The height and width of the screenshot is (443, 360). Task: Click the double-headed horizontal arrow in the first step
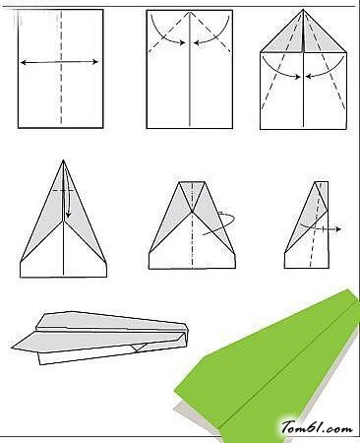59,62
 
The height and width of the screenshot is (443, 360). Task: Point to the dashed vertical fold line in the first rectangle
61,67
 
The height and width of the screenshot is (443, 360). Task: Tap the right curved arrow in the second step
213,35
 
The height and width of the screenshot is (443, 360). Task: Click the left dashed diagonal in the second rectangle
168,32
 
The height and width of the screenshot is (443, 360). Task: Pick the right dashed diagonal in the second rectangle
210,32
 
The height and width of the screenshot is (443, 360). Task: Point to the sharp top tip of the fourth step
63,160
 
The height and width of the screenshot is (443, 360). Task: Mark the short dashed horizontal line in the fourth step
63,190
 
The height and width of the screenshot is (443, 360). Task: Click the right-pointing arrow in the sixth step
320,228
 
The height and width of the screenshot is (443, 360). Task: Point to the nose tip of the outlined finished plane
12,348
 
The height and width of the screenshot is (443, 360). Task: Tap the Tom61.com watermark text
317,427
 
